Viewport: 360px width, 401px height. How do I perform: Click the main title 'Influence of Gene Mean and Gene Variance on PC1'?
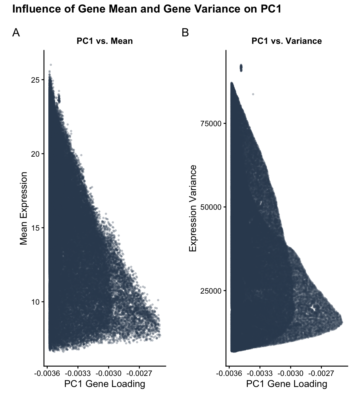point(147,9)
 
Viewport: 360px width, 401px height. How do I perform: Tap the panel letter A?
point(16,33)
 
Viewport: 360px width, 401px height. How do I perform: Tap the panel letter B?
point(185,33)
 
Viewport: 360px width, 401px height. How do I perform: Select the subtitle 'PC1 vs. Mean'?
point(104,41)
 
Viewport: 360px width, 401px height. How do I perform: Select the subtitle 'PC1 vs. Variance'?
point(287,41)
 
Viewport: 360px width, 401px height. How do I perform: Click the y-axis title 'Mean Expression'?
point(24,208)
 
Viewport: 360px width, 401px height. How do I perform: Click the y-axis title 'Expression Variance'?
point(193,208)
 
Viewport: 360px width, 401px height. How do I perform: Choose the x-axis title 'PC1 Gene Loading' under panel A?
point(104,384)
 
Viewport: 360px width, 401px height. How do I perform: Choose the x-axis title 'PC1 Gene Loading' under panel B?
point(287,384)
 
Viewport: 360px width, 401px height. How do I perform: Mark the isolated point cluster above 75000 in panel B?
point(241,68)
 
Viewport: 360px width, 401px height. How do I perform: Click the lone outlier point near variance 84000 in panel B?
point(253,94)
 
